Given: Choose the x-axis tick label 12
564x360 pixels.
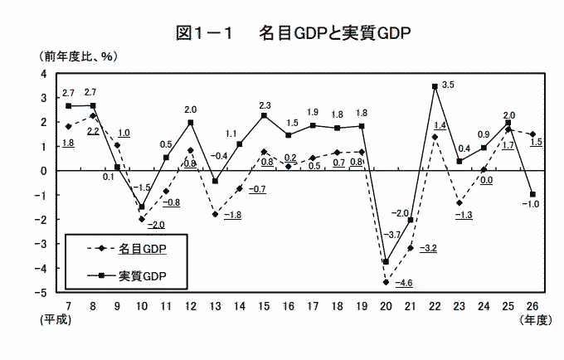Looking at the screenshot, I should point(190,305).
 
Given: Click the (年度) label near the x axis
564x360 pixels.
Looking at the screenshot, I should point(533,319).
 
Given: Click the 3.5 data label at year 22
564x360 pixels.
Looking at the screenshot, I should point(449,85).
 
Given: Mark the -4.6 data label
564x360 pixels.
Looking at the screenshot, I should point(405,284).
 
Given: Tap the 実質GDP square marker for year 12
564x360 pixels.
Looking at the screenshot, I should point(190,123).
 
